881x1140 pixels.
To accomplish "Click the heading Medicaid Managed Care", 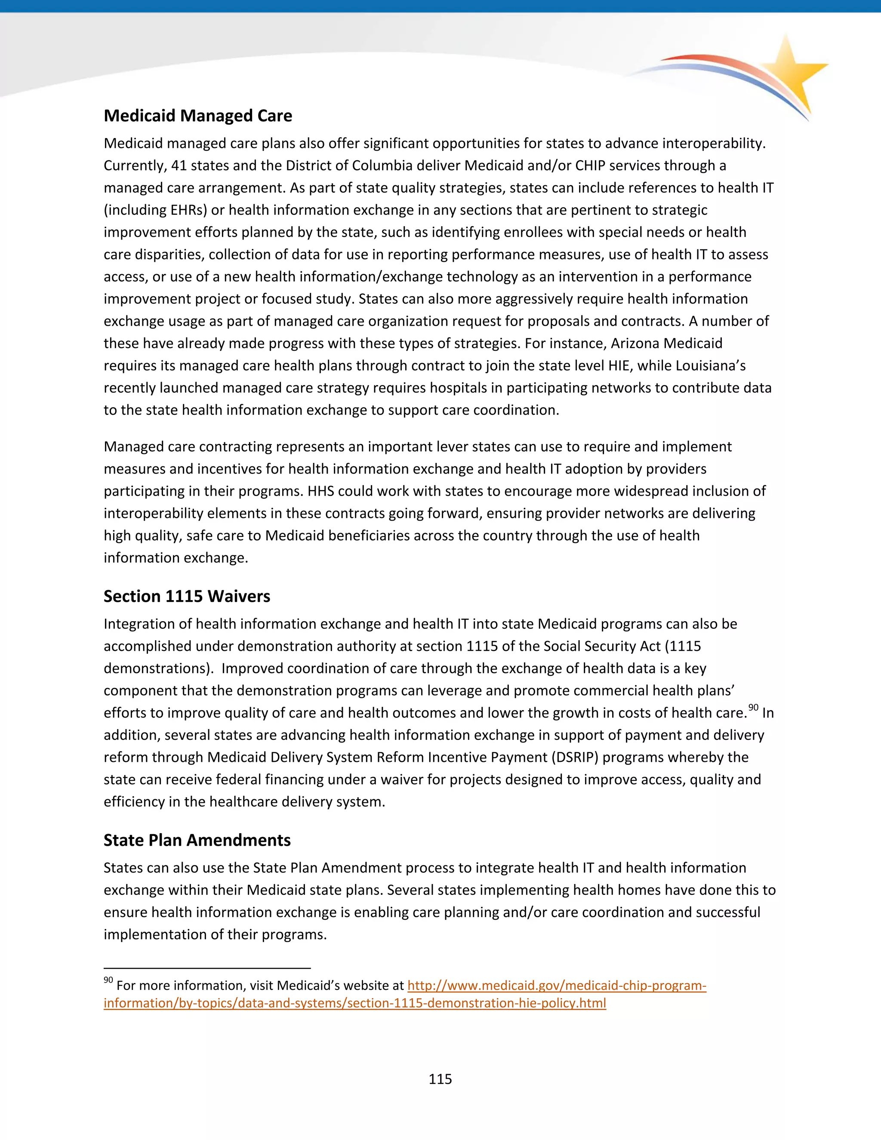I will point(198,116).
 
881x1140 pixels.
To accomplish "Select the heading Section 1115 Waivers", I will point(187,597).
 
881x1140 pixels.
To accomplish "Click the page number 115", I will point(440,1079).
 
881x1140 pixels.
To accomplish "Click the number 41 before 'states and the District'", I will point(179,166).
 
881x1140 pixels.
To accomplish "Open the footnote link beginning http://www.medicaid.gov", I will point(556,986).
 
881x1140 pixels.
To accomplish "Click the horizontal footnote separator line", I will point(207,968).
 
